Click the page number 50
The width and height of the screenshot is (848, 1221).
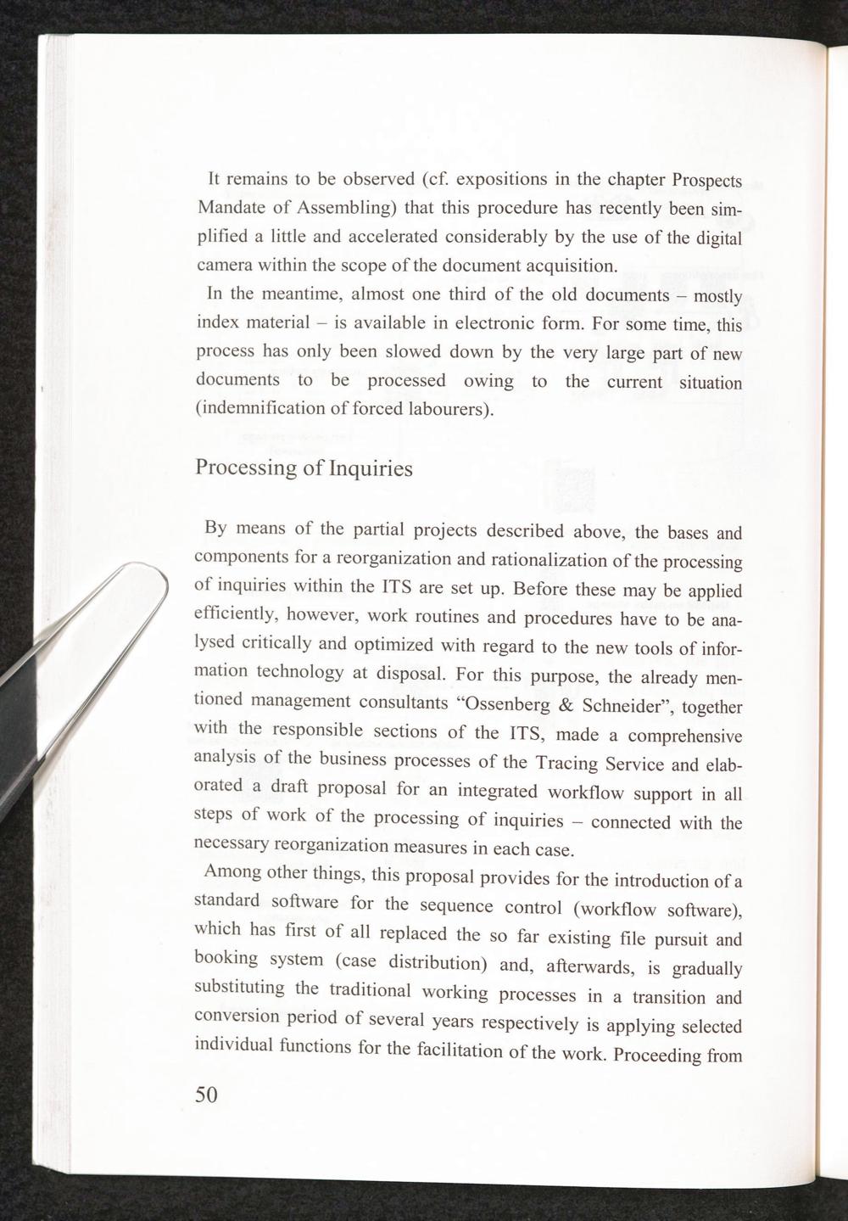(x=207, y=1094)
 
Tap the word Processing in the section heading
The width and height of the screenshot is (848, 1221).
(x=245, y=468)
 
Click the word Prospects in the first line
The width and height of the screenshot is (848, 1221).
(x=706, y=182)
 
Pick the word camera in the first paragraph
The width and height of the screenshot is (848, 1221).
(x=224, y=265)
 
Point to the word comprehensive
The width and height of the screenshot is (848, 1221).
(x=687, y=735)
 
